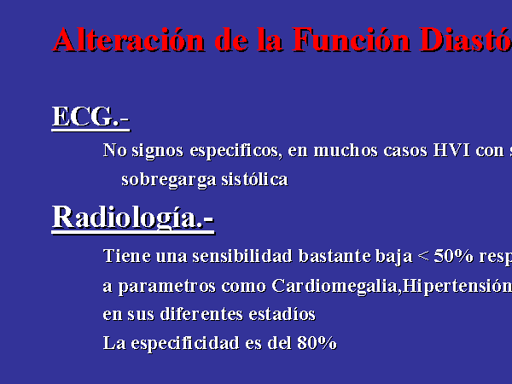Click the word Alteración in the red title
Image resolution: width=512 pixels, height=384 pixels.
[129, 39]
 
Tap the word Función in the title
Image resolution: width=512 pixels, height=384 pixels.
[351, 39]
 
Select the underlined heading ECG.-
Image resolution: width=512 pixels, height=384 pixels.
[90, 118]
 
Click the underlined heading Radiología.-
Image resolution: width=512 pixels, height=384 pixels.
[133, 218]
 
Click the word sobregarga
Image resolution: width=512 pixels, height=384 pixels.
[168, 180]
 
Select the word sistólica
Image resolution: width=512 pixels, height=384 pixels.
[254, 179]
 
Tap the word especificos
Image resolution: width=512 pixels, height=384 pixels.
[236, 152]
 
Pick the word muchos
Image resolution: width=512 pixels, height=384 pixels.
[346, 150]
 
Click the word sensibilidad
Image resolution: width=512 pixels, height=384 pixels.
[242, 256]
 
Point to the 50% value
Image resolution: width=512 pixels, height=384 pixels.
[453, 256]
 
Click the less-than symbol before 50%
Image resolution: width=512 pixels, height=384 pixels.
[423, 256]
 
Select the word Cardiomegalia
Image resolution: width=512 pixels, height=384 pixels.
[336, 287]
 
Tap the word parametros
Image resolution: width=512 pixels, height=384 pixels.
[167, 287]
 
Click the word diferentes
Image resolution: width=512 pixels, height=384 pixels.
[201, 314]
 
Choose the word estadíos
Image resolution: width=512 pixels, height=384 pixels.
[282, 314]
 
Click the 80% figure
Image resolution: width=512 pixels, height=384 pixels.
[317, 343]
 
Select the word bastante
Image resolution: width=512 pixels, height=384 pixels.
[335, 256]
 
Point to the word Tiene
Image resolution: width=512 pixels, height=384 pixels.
[127, 256]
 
